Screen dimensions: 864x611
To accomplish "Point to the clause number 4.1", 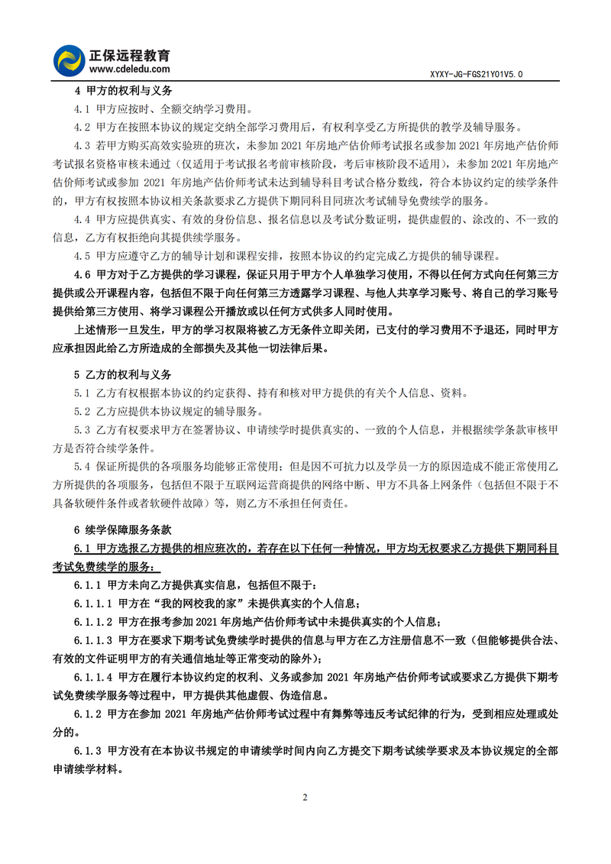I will point(82,108).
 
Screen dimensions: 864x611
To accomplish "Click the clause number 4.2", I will point(82,127).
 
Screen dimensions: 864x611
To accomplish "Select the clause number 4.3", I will point(82,145).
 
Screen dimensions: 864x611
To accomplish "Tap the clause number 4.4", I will point(82,219).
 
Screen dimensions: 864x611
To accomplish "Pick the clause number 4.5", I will point(82,256).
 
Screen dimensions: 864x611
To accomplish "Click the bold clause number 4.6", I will point(82,274).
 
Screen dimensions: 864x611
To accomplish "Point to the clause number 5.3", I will point(82,430).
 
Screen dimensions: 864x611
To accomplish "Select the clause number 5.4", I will point(82,467).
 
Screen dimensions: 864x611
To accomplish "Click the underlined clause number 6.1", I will point(82,548).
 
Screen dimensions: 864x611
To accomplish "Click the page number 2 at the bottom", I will point(305,798).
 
